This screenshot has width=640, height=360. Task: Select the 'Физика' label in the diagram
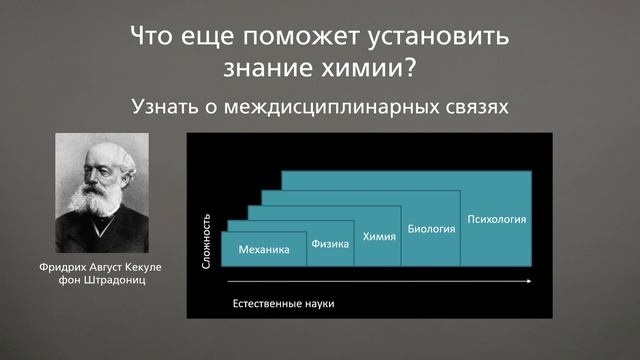click(329, 243)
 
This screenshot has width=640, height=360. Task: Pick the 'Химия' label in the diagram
click(379, 236)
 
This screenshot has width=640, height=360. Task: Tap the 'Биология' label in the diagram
click(431, 228)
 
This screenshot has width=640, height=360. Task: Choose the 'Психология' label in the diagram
click(496, 218)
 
